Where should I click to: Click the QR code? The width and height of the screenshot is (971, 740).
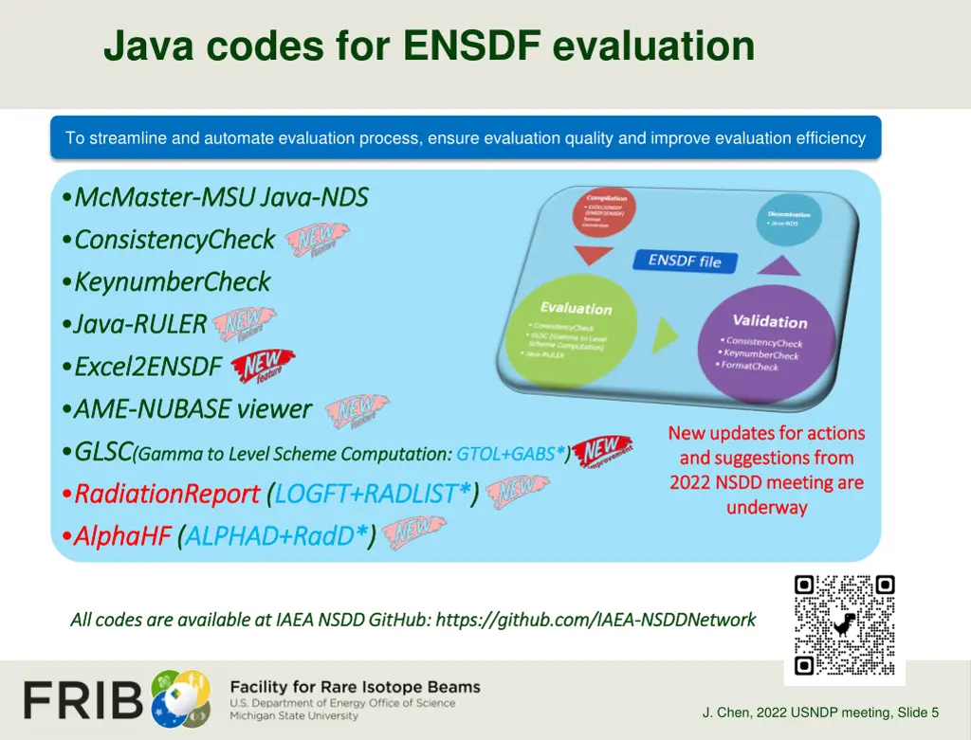pos(844,624)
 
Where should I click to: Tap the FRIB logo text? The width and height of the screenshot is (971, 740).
pos(83,700)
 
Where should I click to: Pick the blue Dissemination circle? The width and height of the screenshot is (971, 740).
pos(789,219)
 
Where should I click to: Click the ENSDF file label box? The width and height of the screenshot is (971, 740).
pos(685,261)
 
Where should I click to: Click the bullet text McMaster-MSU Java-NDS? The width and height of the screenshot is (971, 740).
pos(220,197)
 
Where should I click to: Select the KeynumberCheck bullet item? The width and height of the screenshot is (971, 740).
pos(172,281)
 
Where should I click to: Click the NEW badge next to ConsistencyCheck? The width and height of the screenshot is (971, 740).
pos(317,241)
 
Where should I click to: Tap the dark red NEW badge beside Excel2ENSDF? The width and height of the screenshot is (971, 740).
pos(263,366)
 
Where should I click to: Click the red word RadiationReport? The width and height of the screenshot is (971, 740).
pos(166,494)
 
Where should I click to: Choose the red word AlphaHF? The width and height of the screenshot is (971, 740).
pos(121,536)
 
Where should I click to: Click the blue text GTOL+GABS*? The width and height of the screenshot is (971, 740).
pos(510,454)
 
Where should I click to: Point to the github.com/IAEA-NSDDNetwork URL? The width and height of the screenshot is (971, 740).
pos(595,620)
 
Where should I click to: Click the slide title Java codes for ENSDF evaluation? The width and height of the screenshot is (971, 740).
pos(429,45)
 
